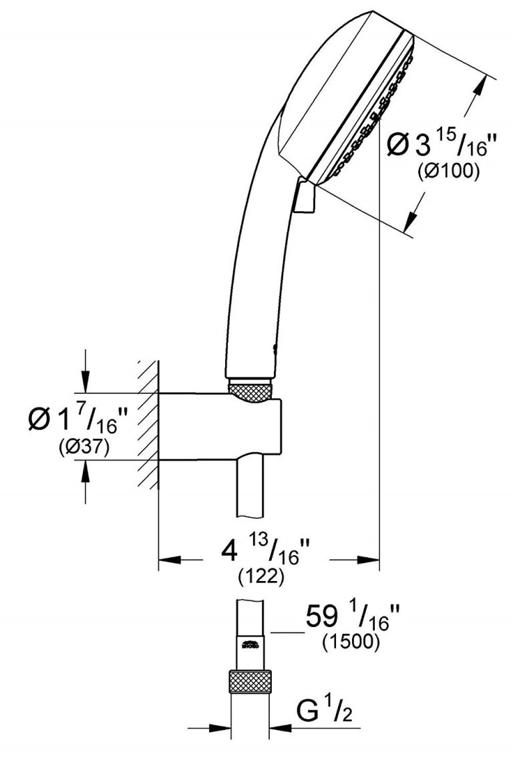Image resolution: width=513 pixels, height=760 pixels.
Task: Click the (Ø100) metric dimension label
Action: pos(449,170)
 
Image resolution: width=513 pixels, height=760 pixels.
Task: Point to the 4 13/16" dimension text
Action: pos(267,553)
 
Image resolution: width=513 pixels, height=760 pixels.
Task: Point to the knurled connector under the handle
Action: pos(250,390)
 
